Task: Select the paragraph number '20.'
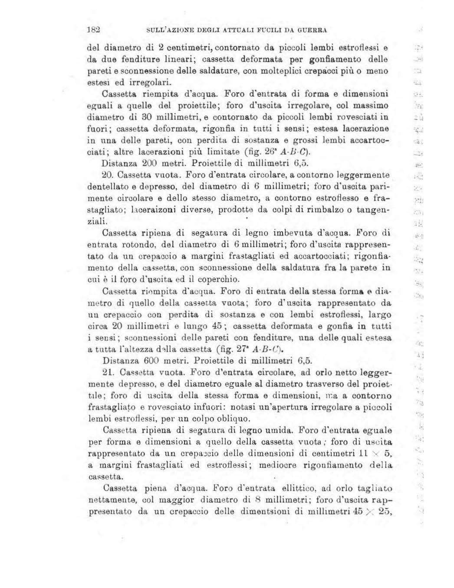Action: tap(107, 175)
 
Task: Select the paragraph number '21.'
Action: tap(107, 372)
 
